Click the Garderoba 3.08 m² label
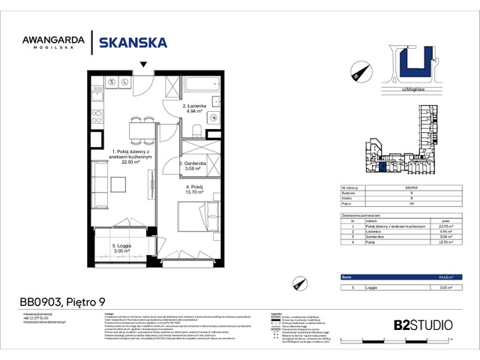(195, 166)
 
